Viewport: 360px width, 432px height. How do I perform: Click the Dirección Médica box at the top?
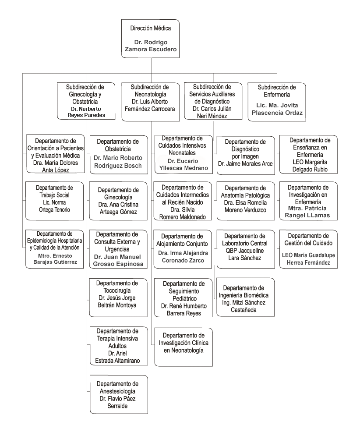pyautogui.click(x=150, y=39)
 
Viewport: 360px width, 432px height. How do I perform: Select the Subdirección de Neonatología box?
pyautogui.click(x=151, y=102)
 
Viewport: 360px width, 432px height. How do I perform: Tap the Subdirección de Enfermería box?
pyautogui.click(x=277, y=102)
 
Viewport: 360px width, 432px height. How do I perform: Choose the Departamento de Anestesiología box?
pyautogui.click(x=119, y=394)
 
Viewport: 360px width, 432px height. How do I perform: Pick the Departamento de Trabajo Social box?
pyautogui.click(x=54, y=201)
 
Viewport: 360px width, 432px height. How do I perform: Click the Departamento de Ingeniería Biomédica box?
pyautogui.click(x=245, y=297)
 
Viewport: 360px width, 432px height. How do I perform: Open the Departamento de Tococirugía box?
pyautogui.click(x=118, y=298)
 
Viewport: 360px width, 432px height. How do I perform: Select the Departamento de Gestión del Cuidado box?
pyautogui.click(x=308, y=249)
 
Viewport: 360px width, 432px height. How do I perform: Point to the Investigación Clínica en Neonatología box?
pyautogui.click(x=184, y=347)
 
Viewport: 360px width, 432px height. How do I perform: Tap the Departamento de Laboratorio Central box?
pyautogui.click(x=246, y=249)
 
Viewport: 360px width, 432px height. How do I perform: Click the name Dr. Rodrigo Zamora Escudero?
pyautogui.click(x=151, y=46)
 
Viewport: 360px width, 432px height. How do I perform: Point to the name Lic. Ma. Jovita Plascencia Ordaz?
pyautogui.click(x=277, y=109)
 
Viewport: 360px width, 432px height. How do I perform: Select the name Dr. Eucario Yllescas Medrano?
pyautogui.click(x=184, y=164)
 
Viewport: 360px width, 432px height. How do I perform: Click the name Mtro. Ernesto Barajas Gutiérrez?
pyautogui.click(x=55, y=258)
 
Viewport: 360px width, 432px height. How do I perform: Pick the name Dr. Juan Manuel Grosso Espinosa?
pyautogui.click(x=118, y=260)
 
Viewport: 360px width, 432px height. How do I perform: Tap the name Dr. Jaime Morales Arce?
pyautogui.click(x=245, y=164)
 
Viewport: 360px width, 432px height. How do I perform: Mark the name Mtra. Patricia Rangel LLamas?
pyautogui.click(x=307, y=212)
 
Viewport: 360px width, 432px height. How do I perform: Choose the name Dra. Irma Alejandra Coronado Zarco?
pyautogui.click(x=183, y=257)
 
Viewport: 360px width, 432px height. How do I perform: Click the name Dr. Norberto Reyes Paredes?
pyautogui.click(x=86, y=112)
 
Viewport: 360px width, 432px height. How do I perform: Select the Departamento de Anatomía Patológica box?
pyautogui.click(x=246, y=201)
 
